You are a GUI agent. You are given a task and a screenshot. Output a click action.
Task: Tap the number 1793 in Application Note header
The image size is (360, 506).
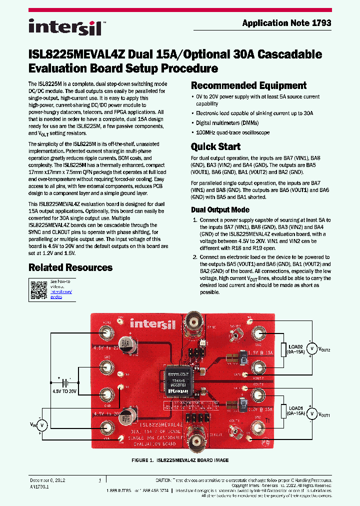click(320, 23)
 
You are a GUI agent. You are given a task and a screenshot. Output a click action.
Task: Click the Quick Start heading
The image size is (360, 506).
click(215, 146)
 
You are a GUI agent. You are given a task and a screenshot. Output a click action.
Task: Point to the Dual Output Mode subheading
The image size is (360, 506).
click(220, 209)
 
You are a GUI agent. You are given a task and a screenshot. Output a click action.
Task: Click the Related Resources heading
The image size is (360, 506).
click(70, 267)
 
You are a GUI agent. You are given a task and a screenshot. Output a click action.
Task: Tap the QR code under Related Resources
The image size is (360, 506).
click(38, 289)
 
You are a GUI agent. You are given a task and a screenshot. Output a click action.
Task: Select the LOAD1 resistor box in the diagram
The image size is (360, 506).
click(283, 411)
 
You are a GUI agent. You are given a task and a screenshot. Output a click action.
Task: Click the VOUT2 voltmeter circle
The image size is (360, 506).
click(310, 348)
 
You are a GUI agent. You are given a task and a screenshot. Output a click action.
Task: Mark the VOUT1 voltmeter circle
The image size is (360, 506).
click(310, 413)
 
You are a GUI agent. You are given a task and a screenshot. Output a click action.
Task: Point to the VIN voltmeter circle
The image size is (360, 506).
click(43, 425)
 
